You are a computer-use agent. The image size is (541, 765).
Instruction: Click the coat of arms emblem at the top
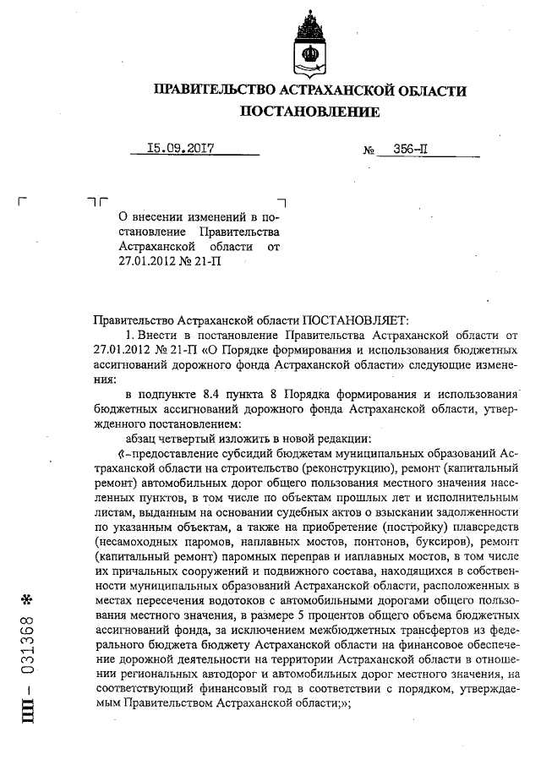click(x=309, y=42)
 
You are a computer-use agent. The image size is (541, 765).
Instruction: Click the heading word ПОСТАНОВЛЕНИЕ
click(x=309, y=112)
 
